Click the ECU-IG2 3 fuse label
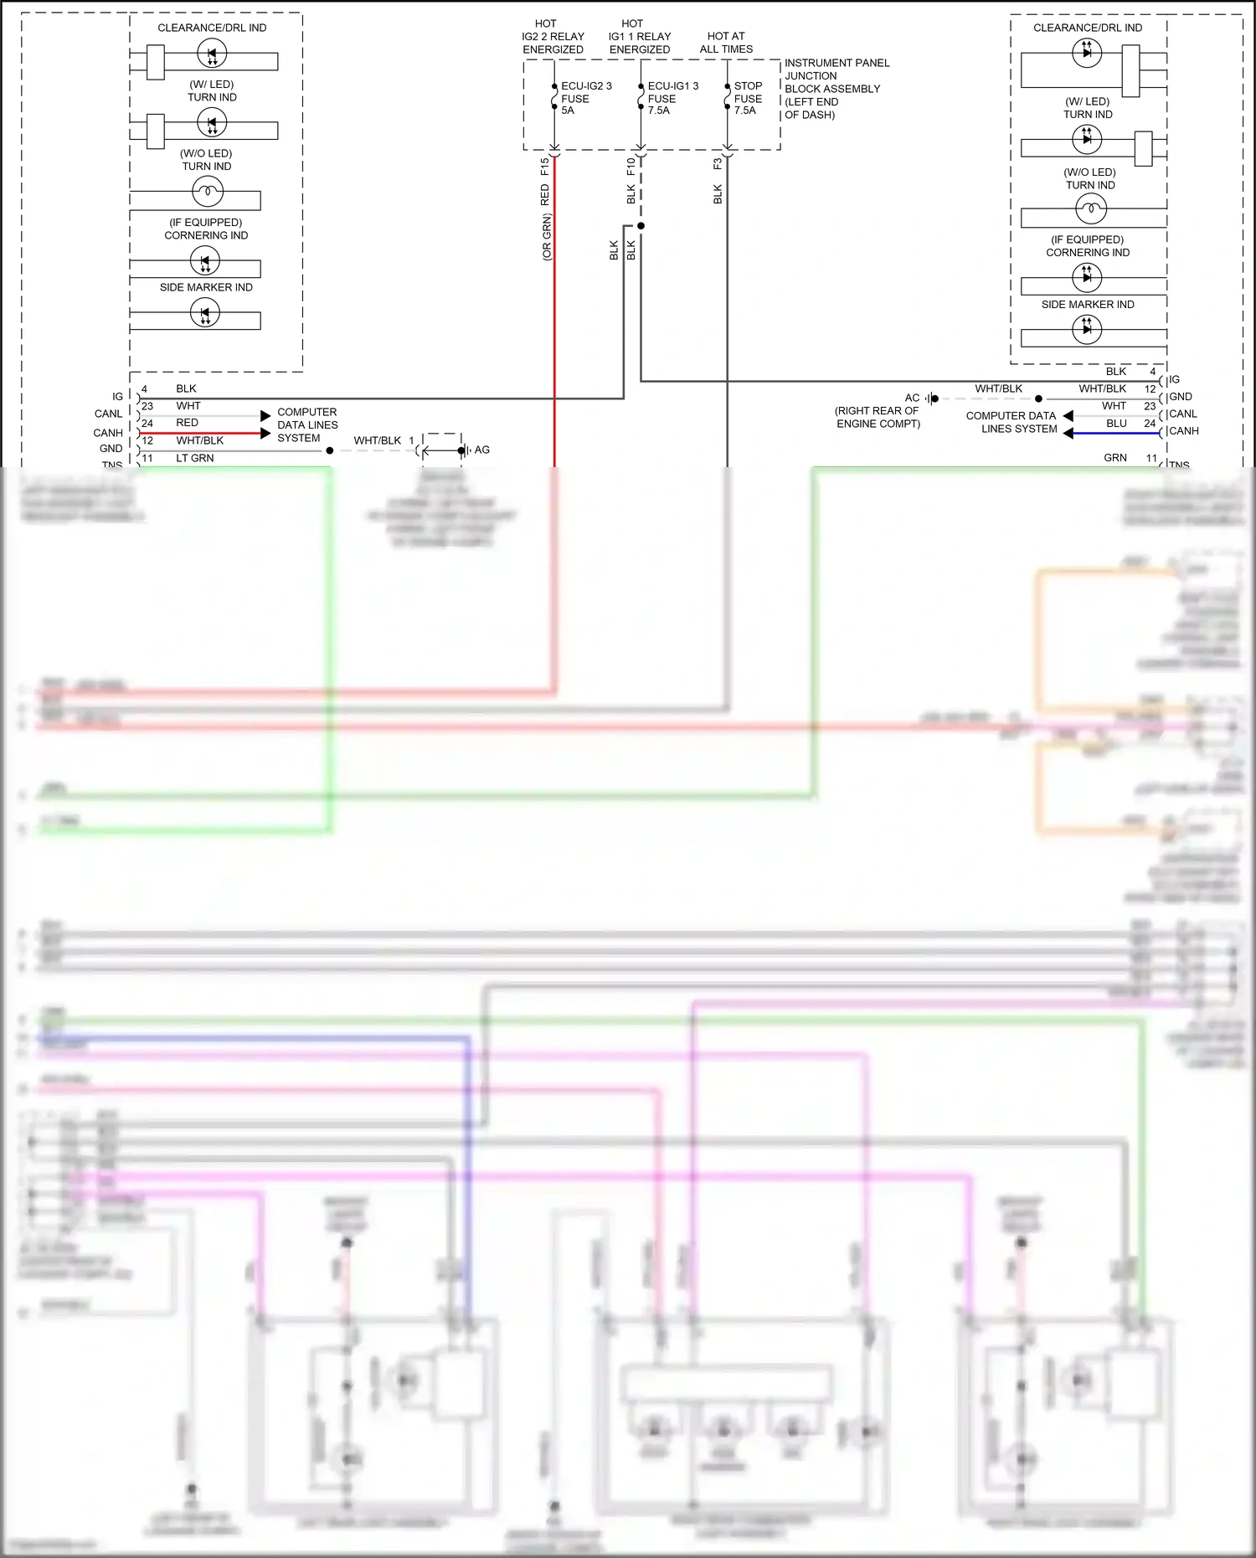(585, 98)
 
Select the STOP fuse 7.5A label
(747, 98)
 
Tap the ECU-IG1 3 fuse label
(672, 98)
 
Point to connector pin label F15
(544, 166)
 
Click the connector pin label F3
(718, 164)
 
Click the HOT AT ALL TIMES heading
(726, 43)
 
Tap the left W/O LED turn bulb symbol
(207, 193)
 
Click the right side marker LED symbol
(1086, 329)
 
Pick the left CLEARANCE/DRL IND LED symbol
(211, 54)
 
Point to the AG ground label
(482, 450)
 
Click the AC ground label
(912, 398)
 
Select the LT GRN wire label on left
(194, 458)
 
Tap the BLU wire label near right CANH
(1116, 424)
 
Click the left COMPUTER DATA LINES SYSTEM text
(306, 424)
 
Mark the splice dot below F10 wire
(641, 226)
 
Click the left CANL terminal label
(108, 414)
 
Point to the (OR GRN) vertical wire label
(547, 237)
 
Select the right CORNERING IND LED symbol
(1086, 276)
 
